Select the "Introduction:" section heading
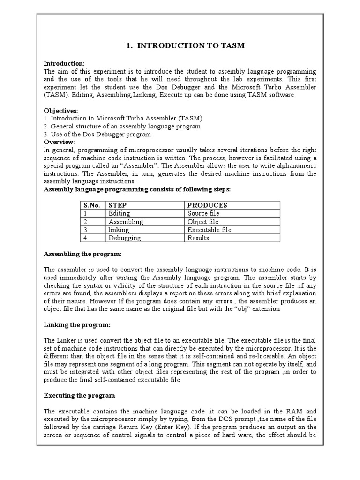click(64, 63)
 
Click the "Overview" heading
click(59, 142)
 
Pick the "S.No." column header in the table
click(92, 205)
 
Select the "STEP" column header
click(118, 205)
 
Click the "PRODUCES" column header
click(207, 205)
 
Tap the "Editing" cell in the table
click(119, 213)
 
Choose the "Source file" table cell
click(203, 213)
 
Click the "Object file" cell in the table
click(203, 222)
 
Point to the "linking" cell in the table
click(119, 230)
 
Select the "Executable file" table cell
click(209, 230)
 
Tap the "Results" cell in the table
click(198, 238)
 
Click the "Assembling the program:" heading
click(82, 254)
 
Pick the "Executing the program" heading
click(79, 395)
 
